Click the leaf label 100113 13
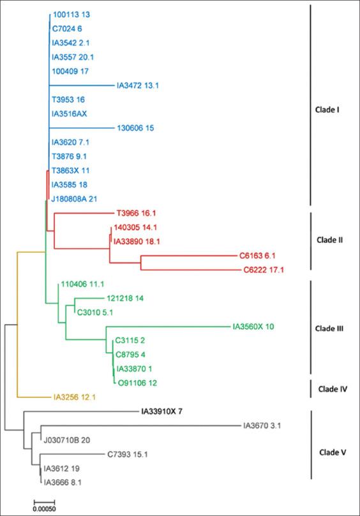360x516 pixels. click(72, 15)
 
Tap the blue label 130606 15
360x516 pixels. click(136, 128)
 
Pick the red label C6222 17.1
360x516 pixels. click(264, 270)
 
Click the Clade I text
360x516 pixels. click(327, 110)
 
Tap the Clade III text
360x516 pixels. click(330, 329)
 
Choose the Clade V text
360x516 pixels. click(331, 452)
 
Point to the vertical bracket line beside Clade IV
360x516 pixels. click(310, 388)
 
